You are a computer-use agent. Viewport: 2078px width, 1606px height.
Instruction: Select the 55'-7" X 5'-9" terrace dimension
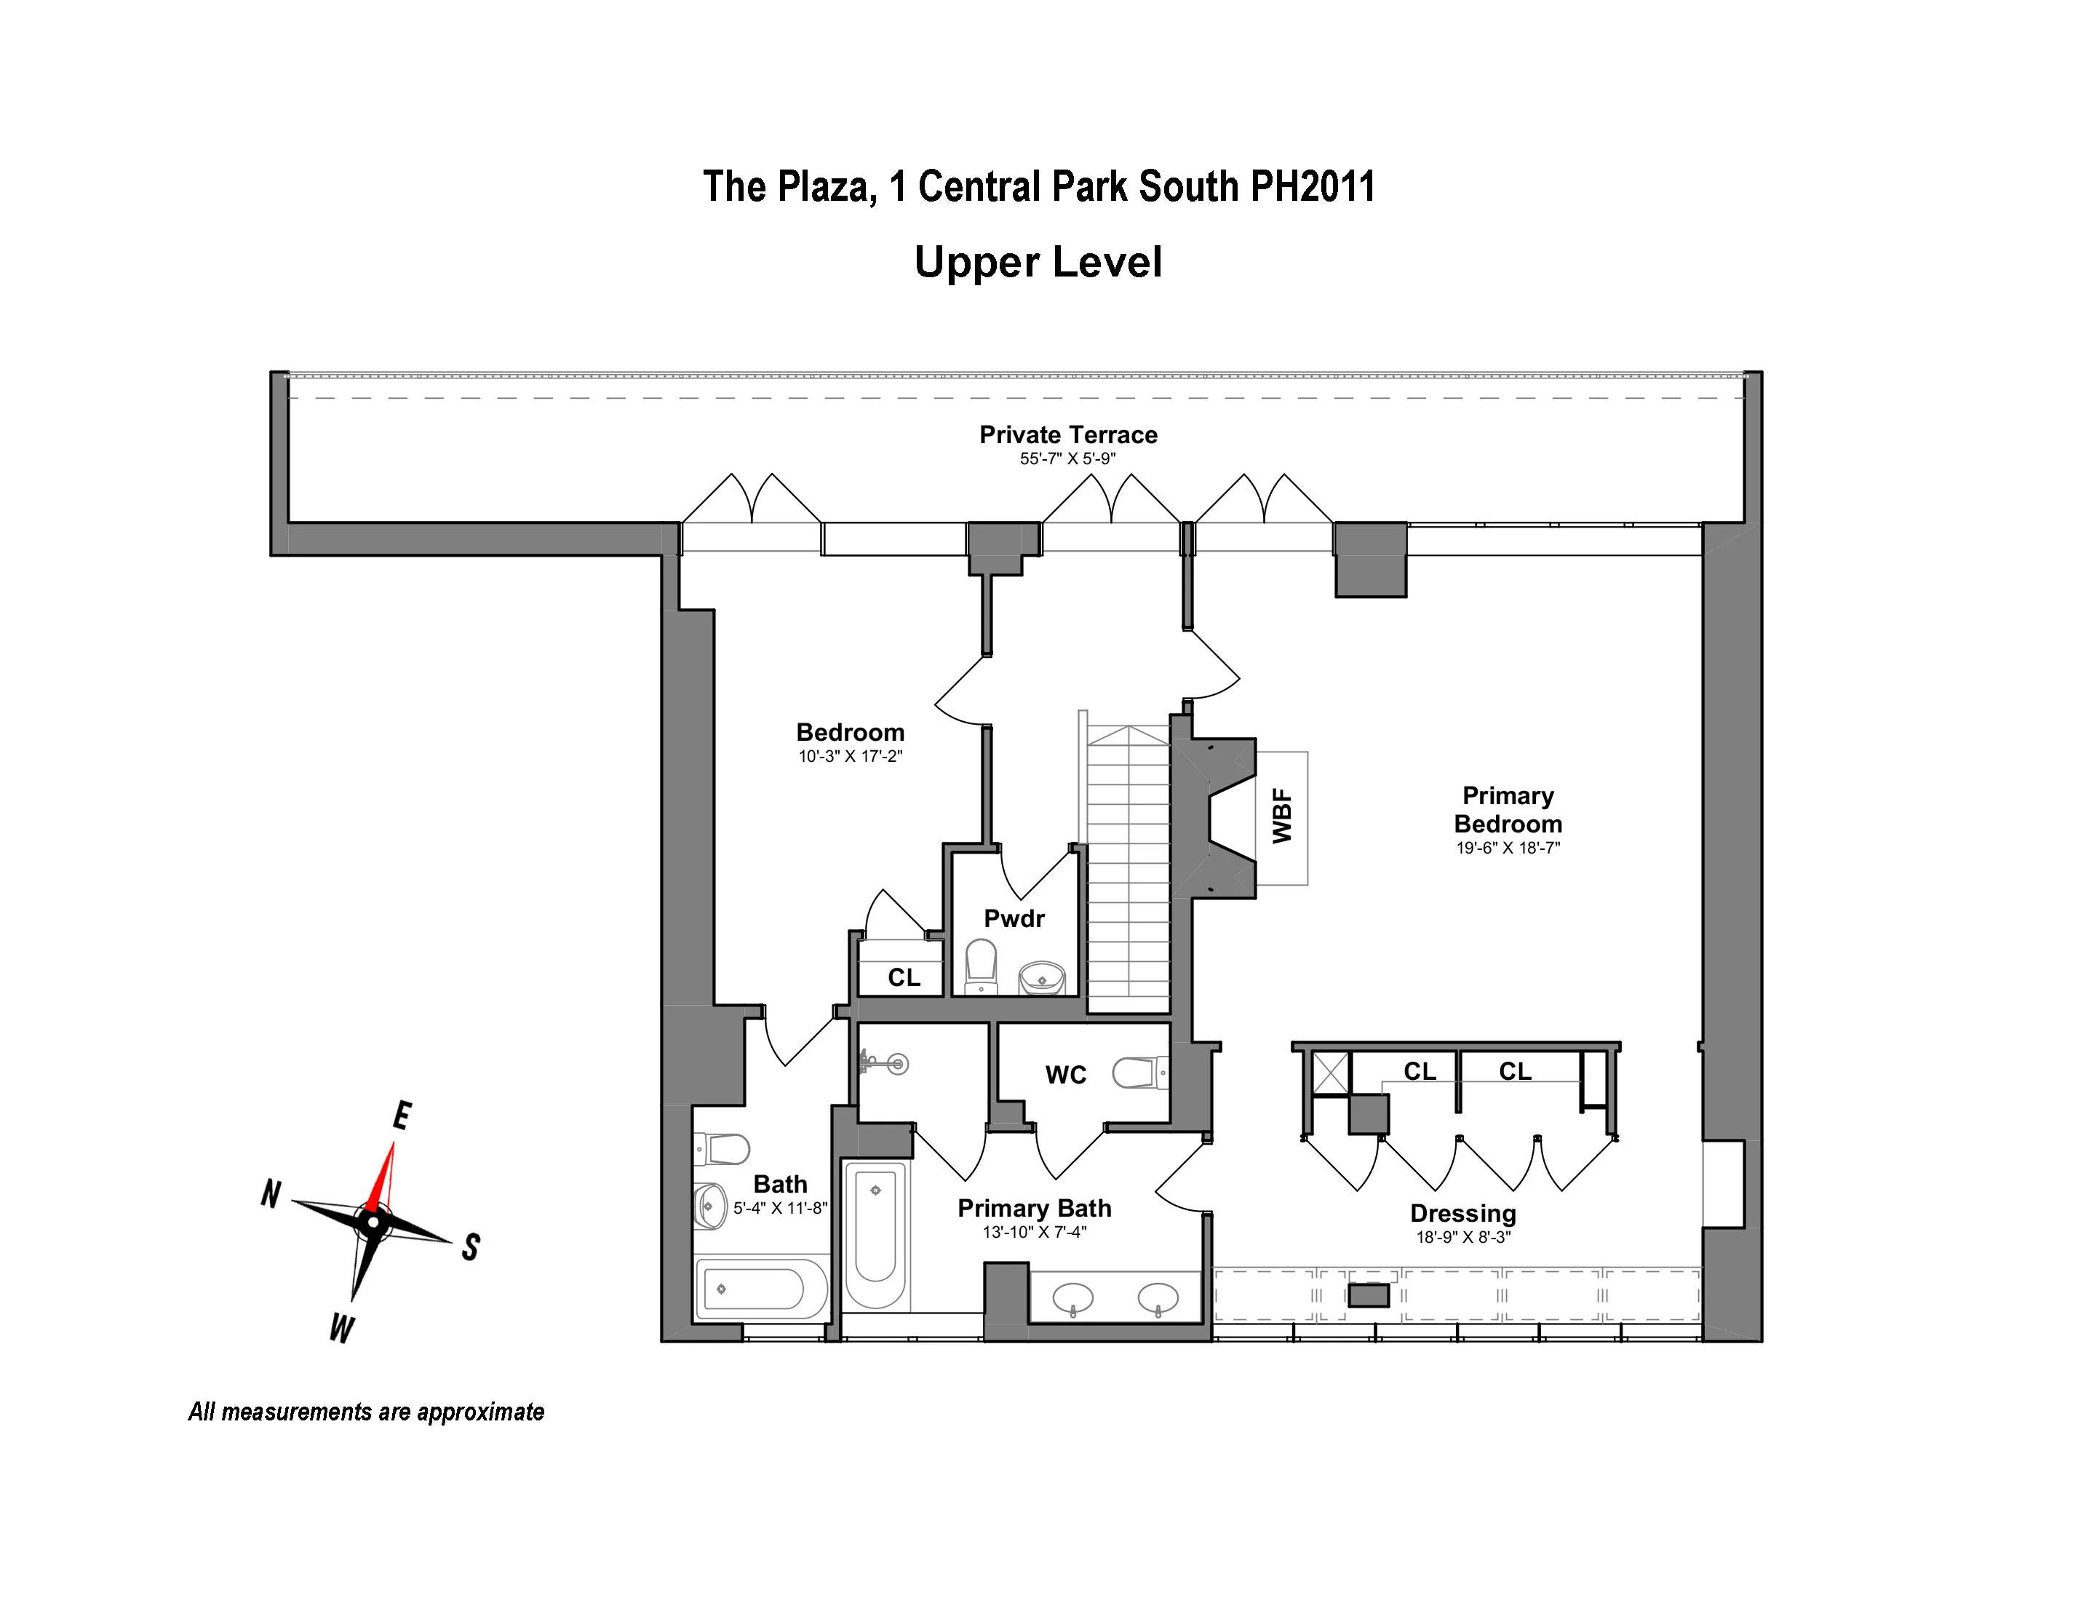click(1067, 458)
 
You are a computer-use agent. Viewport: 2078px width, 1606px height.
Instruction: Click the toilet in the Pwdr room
click(981, 965)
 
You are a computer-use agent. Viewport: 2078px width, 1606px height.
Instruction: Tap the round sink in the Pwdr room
click(1042, 977)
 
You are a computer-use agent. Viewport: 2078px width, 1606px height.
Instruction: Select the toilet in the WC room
click(1137, 1073)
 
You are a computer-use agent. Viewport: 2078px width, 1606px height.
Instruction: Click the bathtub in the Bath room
click(760, 1290)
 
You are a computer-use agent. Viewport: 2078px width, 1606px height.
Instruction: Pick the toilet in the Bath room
click(725, 1149)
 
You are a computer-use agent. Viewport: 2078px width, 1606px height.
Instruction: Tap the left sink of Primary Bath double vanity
click(1072, 1296)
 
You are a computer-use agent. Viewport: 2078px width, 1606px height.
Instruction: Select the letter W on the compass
click(341, 1327)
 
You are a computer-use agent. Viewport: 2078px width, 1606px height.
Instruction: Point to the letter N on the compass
click(271, 1193)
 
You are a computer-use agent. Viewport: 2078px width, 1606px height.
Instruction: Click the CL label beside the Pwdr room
click(903, 977)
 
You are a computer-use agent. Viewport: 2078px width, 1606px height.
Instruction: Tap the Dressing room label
click(1462, 1213)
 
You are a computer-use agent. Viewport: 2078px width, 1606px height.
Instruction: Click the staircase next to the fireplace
click(1128, 866)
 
